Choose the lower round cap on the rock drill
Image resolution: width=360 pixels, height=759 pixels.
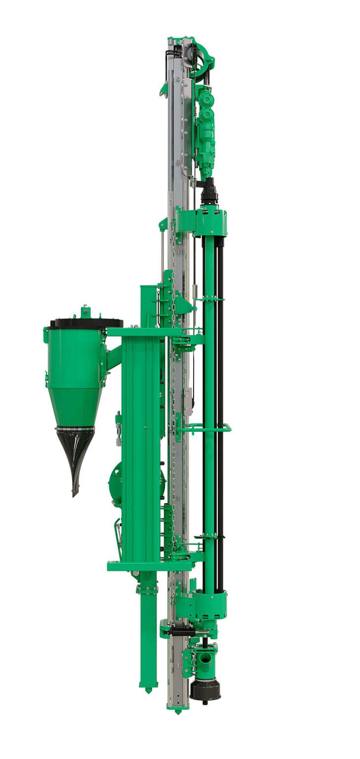pyautogui.click(x=206, y=116)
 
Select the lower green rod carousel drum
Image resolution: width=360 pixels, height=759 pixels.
pyautogui.click(x=202, y=605)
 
